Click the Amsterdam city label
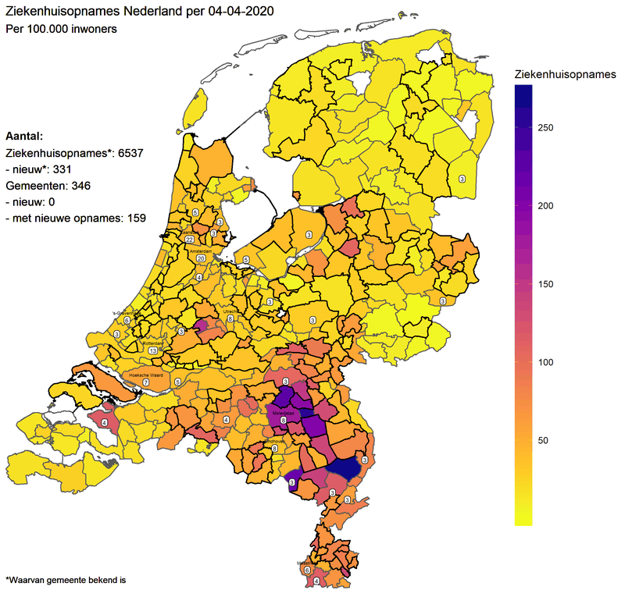coord(200,251)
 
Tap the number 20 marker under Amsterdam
coord(201,258)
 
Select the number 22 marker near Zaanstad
coord(189,240)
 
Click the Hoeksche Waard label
coord(144,375)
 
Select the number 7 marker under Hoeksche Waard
coord(145,383)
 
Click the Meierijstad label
coord(282,413)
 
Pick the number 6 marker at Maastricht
coord(306,571)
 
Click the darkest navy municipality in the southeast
coord(345,468)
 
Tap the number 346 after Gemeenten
coord(84,187)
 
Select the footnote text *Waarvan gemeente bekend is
coord(65,580)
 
